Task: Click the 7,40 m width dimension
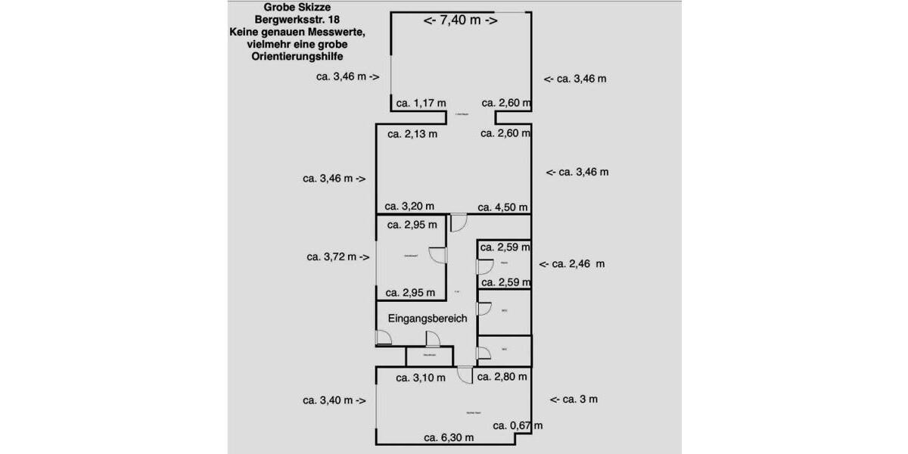[x=460, y=20]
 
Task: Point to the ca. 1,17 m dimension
[x=421, y=103]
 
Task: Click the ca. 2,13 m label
[x=412, y=134]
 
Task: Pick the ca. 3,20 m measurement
[x=409, y=206]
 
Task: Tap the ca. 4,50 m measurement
[x=502, y=207]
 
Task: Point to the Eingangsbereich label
[x=428, y=319]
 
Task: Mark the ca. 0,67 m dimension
[x=518, y=426]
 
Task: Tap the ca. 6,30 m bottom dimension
[x=449, y=437]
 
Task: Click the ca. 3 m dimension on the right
[x=574, y=400]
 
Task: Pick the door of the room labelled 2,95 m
[x=437, y=256]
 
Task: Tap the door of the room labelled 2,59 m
[x=482, y=266]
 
